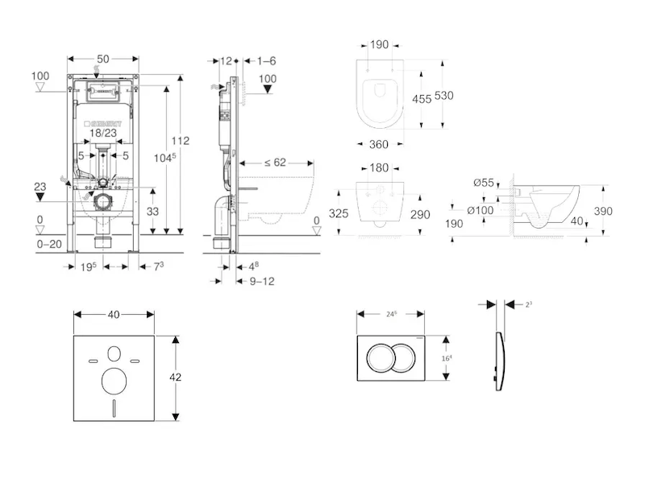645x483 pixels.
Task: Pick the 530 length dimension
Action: pyautogui.click(x=444, y=95)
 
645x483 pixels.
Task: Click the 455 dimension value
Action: pyautogui.click(x=421, y=100)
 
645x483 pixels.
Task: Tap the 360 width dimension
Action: pyautogui.click(x=379, y=144)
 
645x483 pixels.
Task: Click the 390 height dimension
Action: pyautogui.click(x=603, y=211)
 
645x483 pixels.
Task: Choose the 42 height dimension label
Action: pyautogui.click(x=186, y=377)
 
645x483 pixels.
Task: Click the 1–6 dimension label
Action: pyautogui.click(x=266, y=60)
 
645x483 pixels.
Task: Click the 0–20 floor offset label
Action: pyautogui.click(x=50, y=243)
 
